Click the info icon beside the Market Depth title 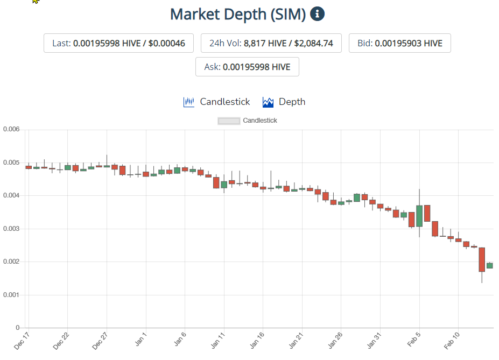point(318,14)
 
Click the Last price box point(118,43)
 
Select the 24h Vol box point(272,43)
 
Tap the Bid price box point(400,43)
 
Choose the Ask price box point(247,67)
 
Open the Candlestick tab point(217,102)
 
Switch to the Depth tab point(284,102)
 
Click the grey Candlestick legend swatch point(229,121)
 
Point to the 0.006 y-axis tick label point(11,130)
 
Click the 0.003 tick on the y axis point(11,229)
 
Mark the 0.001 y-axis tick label point(11,295)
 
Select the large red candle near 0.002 point(482,259)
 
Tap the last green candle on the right point(490,265)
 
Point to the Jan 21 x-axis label point(297,341)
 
